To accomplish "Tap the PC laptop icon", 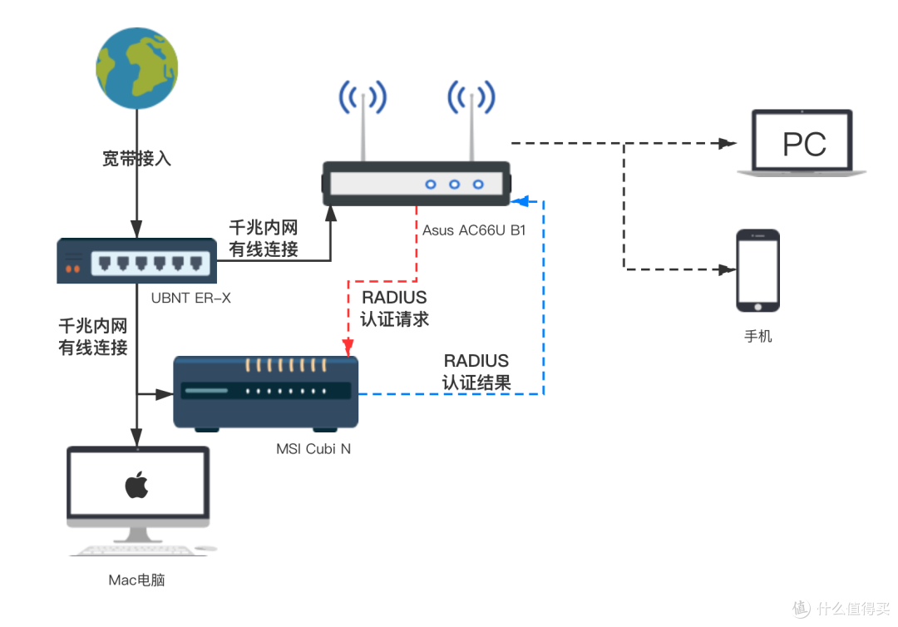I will (802, 143).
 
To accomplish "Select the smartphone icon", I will (758, 270).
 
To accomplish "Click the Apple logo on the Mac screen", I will (136, 486).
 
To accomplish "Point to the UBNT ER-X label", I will (191, 296).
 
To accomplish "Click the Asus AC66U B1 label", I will (473, 230).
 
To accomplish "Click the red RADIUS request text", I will (394, 308).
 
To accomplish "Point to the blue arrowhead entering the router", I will (519, 200).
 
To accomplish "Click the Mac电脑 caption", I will (136, 580).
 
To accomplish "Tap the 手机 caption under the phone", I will (757, 337).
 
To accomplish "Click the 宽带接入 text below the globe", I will (136, 158).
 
